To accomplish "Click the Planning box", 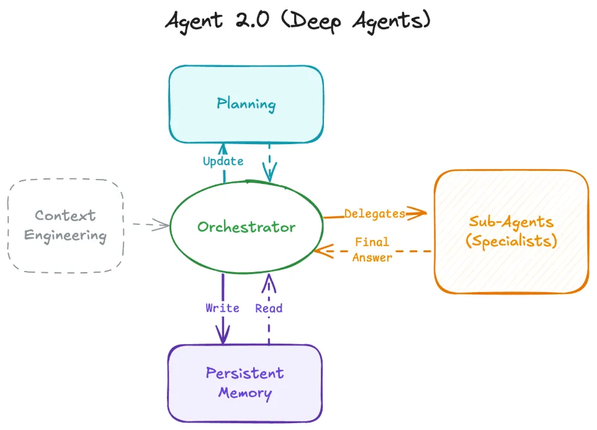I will (246, 104).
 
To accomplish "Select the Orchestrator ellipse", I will (246, 227).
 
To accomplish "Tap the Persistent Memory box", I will (245, 383).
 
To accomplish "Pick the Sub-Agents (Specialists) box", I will (511, 231).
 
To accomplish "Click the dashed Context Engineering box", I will (65, 226).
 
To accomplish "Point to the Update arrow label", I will (223, 162).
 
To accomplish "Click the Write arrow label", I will (222, 308).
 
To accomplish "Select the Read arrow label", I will (269, 308).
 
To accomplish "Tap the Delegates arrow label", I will (374, 214).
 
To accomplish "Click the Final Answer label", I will (372, 249).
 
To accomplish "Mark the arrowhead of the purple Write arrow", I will (223, 337).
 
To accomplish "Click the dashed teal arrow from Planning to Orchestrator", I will (269, 163).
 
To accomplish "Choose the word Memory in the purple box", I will (245, 393).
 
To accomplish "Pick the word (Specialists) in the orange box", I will (511, 241).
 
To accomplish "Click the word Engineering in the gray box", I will (65, 236).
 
